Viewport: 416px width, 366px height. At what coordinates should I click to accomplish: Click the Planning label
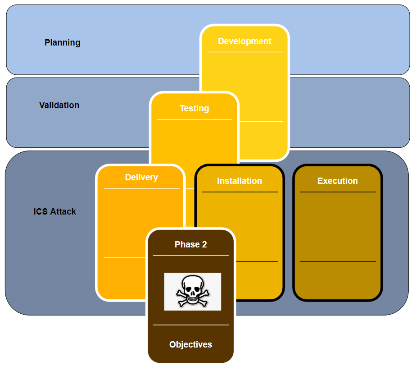tap(62, 43)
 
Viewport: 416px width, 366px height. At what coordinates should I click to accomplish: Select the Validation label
tap(59, 105)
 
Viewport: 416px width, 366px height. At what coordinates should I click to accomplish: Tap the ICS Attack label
tap(54, 211)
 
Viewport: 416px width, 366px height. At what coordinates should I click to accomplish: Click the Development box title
tap(244, 41)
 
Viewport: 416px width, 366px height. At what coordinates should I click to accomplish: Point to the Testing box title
tap(194, 109)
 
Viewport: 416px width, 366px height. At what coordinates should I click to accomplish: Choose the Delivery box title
tap(141, 178)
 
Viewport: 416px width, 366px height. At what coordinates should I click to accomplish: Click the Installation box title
tap(239, 181)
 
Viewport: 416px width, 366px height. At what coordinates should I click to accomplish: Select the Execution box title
tap(337, 181)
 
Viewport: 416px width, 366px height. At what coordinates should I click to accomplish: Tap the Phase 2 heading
tap(190, 245)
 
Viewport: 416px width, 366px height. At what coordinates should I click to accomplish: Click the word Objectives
tap(190, 345)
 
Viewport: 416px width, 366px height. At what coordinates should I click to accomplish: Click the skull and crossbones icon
tap(193, 291)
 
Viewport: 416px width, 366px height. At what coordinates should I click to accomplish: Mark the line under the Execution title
tap(338, 192)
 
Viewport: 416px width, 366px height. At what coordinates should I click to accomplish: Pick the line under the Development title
tap(244, 52)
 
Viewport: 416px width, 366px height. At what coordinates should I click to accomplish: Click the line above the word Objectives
tap(190, 325)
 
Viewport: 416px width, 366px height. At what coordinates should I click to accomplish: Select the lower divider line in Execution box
tap(338, 261)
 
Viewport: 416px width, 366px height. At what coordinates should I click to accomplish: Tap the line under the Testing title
tap(194, 119)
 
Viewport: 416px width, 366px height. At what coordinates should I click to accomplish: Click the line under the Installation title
tap(240, 192)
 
